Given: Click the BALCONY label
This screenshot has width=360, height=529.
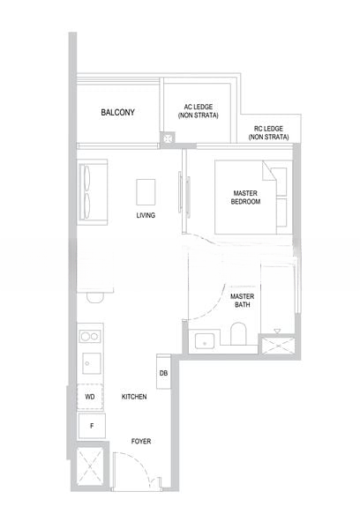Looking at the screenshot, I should click(116, 113).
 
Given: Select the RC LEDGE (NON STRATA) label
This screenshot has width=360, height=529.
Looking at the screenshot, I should click(268, 132).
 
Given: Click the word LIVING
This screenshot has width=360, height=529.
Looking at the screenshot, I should click(146, 215).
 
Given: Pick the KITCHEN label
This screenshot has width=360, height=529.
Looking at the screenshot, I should click(134, 398).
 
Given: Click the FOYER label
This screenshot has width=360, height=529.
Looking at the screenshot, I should click(141, 438).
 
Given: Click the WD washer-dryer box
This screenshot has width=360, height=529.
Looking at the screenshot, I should click(90, 398).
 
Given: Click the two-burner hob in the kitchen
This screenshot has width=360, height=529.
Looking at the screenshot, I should click(89, 336).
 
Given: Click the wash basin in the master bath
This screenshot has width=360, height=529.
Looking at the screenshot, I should click(206, 339).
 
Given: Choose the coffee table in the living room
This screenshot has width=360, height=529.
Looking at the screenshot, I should click(146, 190).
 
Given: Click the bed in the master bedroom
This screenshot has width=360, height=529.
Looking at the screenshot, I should click(252, 198).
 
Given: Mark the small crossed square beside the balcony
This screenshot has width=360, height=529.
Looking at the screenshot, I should click(168, 138).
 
